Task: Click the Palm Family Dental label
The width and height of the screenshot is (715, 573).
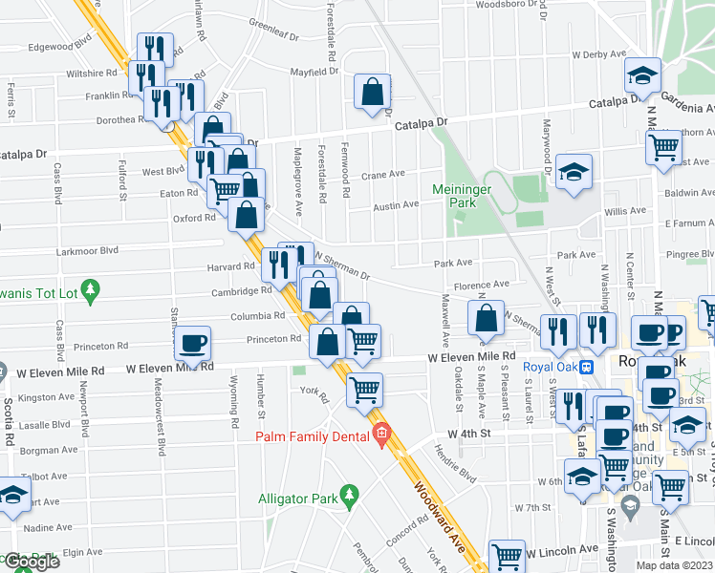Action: click(x=310, y=436)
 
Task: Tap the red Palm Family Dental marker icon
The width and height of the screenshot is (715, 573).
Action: click(x=382, y=435)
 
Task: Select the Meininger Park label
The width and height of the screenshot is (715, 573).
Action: click(x=464, y=195)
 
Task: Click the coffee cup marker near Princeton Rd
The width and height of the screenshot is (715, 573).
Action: click(x=192, y=344)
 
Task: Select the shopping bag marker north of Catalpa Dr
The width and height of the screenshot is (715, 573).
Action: click(x=372, y=93)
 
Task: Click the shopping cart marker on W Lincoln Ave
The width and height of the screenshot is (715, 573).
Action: click(x=507, y=557)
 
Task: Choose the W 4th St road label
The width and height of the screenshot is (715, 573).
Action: click(x=468, y=433)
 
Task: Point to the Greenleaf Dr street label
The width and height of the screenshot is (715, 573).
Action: click(x=273, y=23)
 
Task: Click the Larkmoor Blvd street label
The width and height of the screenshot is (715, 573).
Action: click(x=89, y=249)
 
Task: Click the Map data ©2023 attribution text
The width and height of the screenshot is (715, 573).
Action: click(x=674, y=565)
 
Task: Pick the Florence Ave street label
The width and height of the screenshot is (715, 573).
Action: click(x=482, y=285)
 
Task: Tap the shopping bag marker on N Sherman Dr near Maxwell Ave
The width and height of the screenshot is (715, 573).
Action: click(x=487, y=319)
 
